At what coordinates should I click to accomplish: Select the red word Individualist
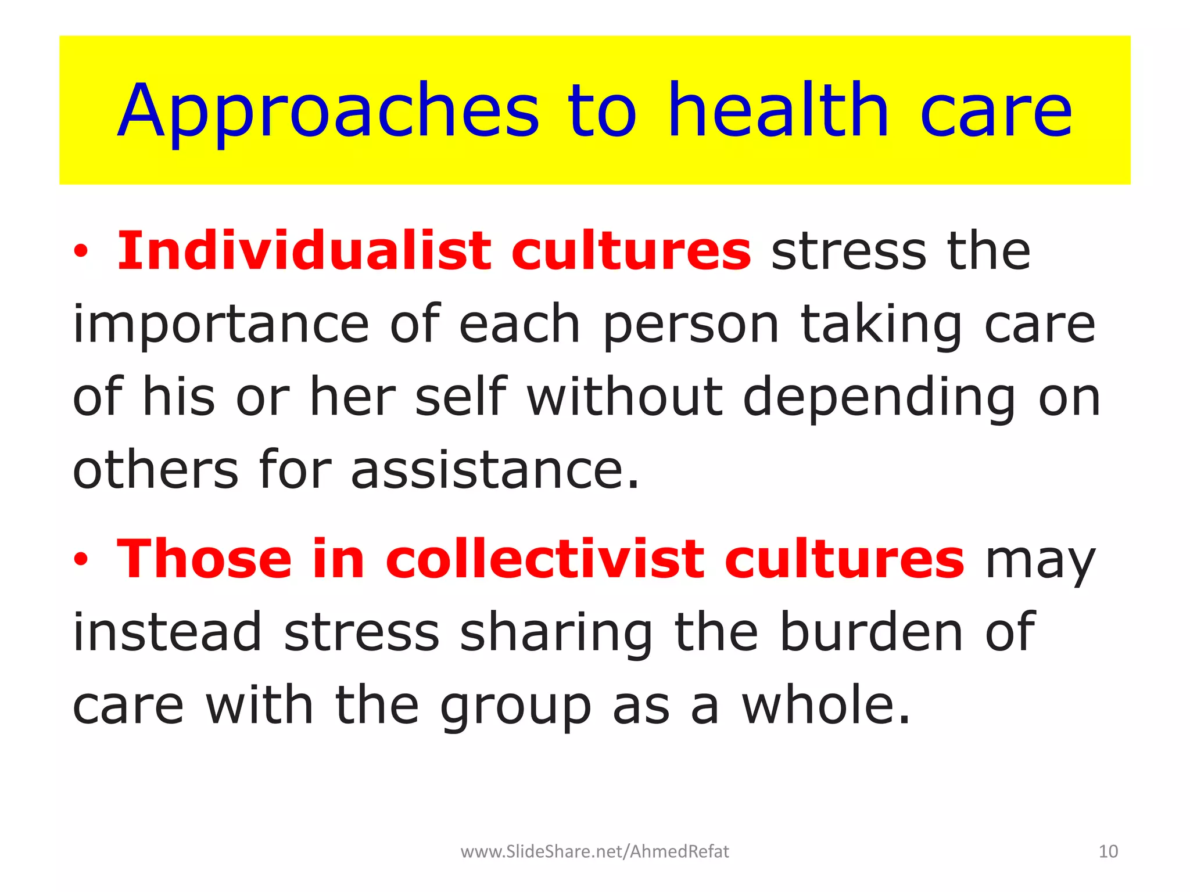[x=304, y=251]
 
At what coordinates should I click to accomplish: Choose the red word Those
[x=204, y=559]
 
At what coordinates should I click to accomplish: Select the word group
[x=515, y=707]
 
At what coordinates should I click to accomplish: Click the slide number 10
[x=1108, y=851]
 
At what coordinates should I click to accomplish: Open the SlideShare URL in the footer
[x=594, y=851]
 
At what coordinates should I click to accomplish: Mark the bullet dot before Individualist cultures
[x=81, y=252]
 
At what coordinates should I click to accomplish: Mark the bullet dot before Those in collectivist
[x=81, y=560]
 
